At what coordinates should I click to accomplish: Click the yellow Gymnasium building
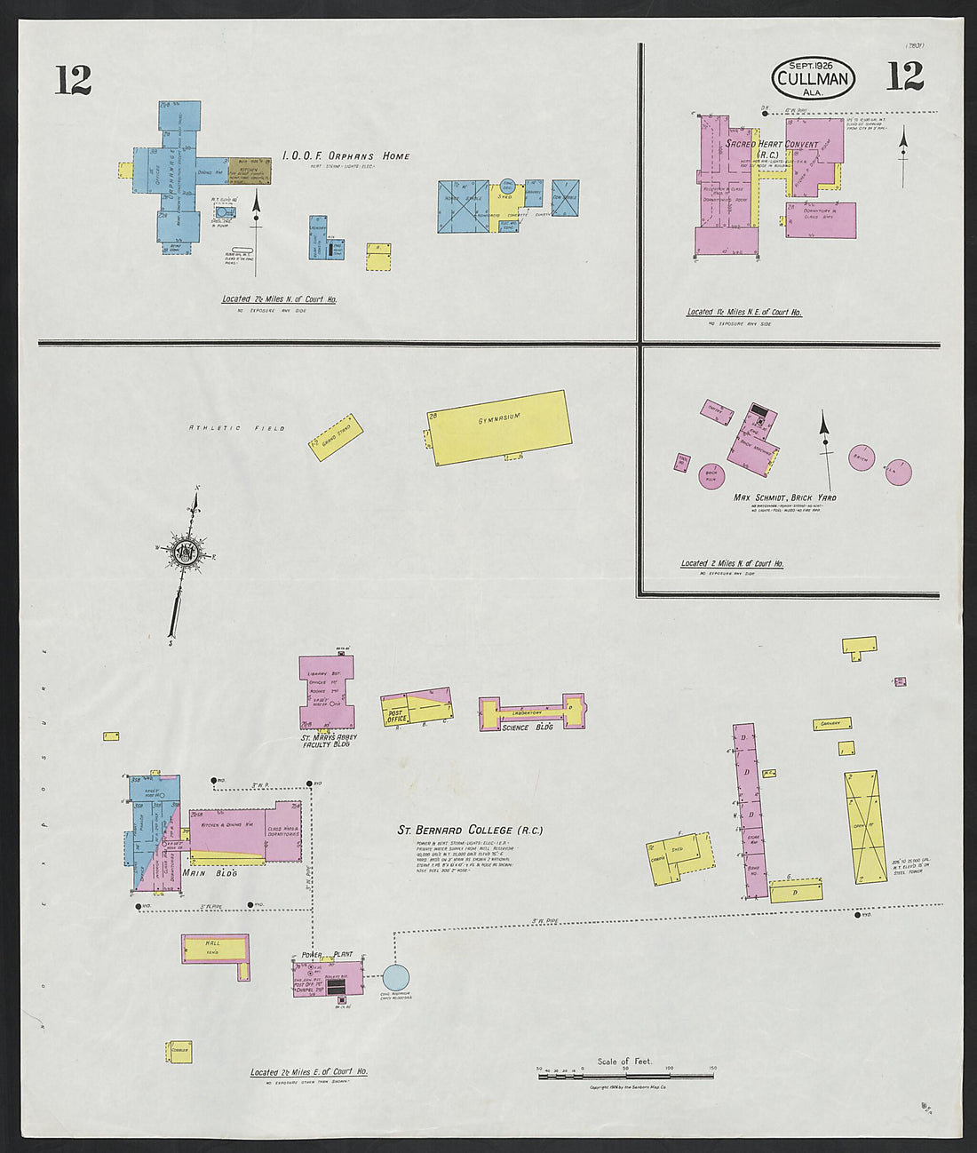point(501,427)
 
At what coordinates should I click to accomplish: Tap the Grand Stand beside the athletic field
point(336,436)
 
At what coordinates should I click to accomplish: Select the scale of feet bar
point(625,1077)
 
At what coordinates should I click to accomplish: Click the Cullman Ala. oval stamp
point(814,78)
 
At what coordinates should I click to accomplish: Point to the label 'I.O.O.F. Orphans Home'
point(346,156)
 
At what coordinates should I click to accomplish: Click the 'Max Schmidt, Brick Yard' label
point(784,497)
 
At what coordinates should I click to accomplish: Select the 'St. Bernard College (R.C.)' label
point(470,831)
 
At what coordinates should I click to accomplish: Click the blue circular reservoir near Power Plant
point(396,977)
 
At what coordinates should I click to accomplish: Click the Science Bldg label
point(528,728)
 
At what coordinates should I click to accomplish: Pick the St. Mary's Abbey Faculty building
point(326,693)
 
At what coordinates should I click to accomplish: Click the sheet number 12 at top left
point(73,80)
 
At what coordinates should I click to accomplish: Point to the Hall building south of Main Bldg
point(215,949)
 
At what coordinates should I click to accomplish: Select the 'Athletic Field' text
point(236,428)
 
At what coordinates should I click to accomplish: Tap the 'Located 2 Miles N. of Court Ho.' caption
point(732,563)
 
